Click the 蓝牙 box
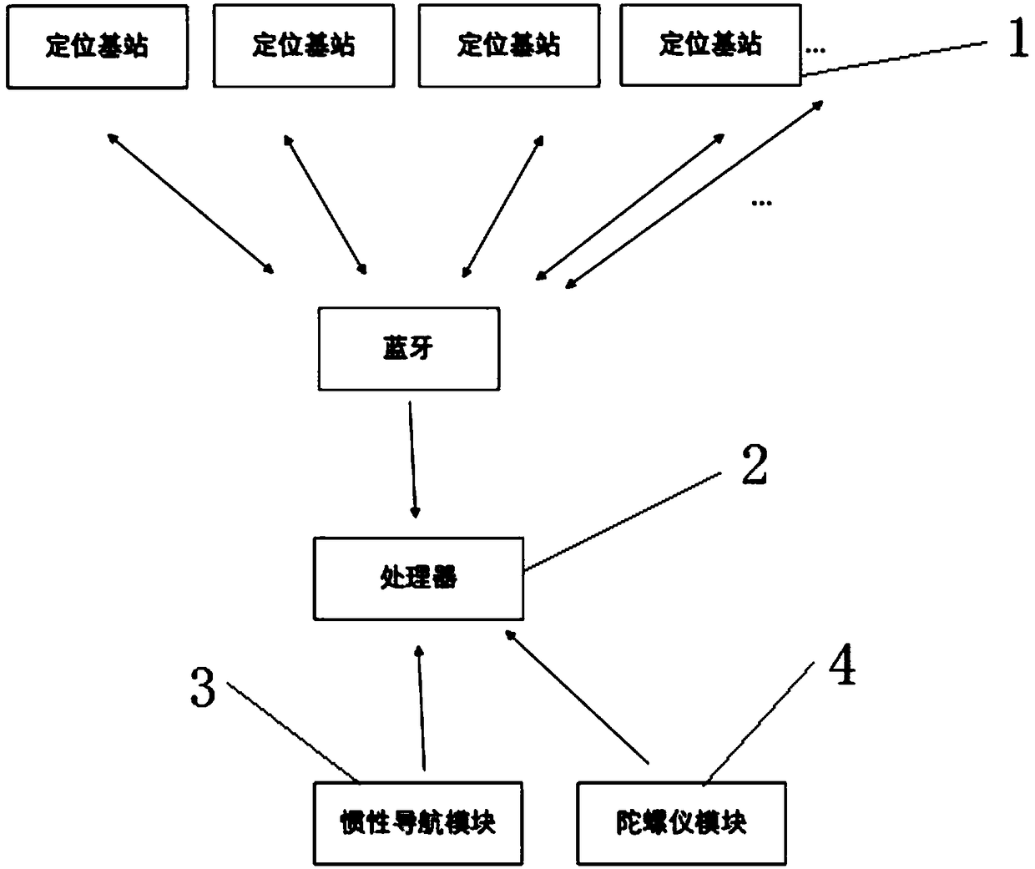click(408, 348)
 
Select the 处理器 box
click(418, 578)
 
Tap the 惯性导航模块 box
click(417, 823)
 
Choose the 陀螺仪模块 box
click(681, 823)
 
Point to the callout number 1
click(1017, 39)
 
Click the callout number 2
click(755, 466)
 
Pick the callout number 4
click(841, 667)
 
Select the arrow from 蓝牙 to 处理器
click(413, 460)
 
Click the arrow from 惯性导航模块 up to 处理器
click(422, 706)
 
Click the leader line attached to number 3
click(292, 732)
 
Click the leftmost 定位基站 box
click(97, 46)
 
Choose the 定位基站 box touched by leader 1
click(710, 46)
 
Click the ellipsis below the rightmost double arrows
click(761, 203)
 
